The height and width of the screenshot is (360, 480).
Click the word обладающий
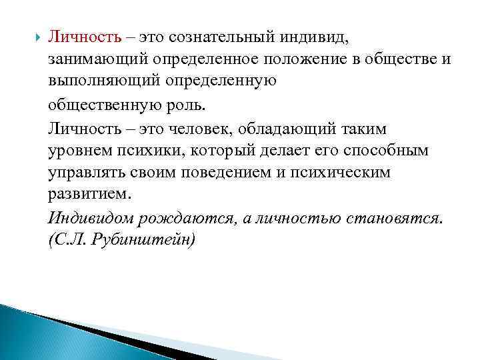(x=285, y=128)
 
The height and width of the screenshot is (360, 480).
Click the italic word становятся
(x=391, y=219)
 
